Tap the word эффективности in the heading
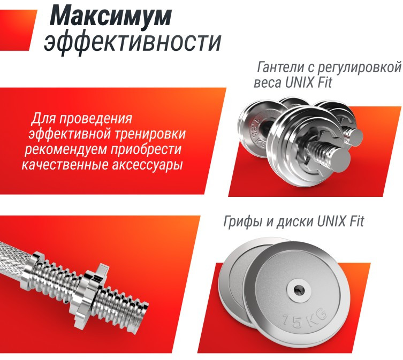[x=132, y=43]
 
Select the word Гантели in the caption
[x=279, y=67]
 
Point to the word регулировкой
[x=360, y=68]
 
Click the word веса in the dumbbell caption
[x=268, y=83]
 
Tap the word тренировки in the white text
[x=150, y=135]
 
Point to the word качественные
[x=65, y=165]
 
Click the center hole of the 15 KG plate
[x=298, y=289]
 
